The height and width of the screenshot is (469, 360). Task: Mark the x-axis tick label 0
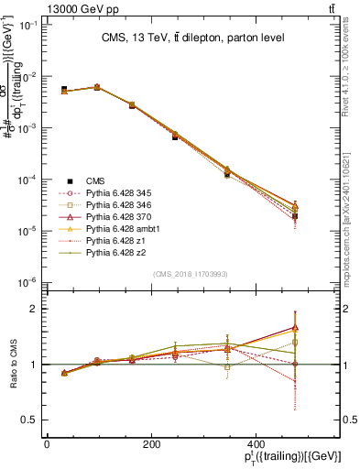tap(47, 443)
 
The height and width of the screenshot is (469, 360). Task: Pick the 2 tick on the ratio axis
tap(35, 309)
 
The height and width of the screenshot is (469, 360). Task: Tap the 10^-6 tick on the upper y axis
tap(27, 282)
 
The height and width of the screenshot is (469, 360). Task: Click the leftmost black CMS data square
tap(63, 89)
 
